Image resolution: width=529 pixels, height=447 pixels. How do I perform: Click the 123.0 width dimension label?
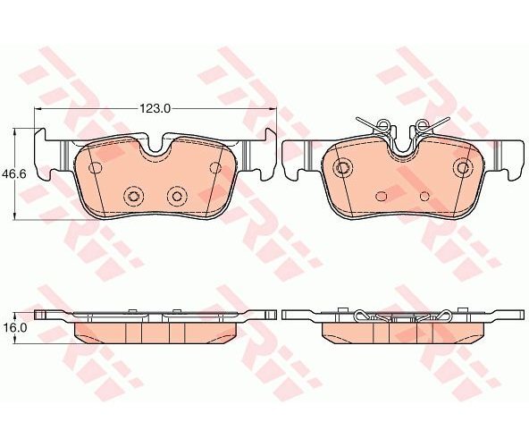click(x=155, y=108)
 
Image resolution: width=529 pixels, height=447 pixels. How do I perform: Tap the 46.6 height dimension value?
click(x=13, y=173)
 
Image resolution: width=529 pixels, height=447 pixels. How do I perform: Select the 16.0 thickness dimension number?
click(x=13, y=328)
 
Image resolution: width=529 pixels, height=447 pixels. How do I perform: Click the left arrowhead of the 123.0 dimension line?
click(x=38, y=108)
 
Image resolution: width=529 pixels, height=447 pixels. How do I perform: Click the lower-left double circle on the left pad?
click(x=133, y=196)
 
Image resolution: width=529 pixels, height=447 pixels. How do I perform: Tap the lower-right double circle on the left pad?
click(x=177, y=196)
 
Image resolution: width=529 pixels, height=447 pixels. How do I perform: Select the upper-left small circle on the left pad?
click(x=95, y=167)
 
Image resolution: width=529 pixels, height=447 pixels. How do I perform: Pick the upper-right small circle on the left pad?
click(x=215, y=167)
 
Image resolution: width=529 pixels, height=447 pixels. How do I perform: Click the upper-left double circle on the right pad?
click(x=342, y=167)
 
